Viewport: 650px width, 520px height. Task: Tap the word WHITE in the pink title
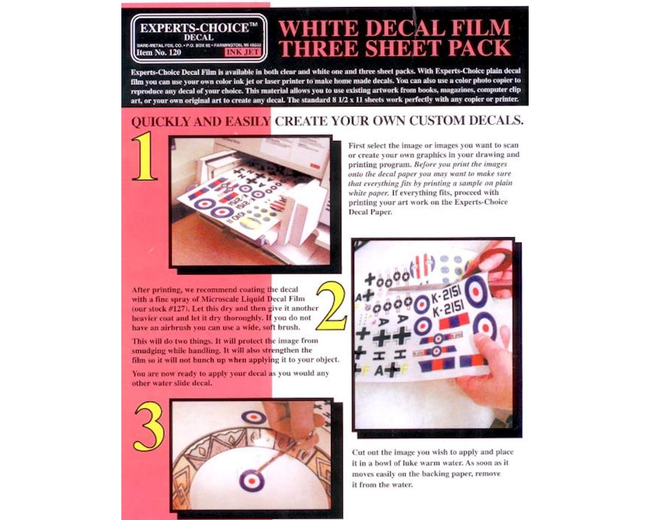click(317, 28)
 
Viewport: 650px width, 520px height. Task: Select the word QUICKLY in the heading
click(162, 121)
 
